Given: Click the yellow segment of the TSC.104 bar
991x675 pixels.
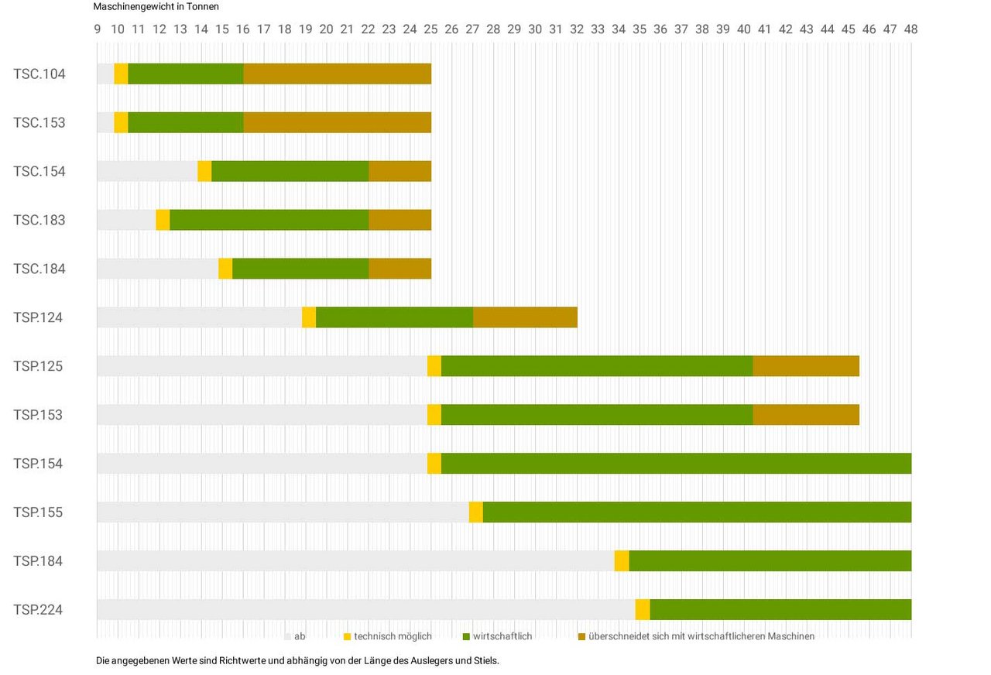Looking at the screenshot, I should click(x=121, y=74).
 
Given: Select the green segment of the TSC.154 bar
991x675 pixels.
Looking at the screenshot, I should click(x=290, y=171).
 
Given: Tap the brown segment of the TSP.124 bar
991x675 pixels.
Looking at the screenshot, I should click(x=525, y=317).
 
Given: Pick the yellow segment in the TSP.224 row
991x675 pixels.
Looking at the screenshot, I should click(x=643, y=609).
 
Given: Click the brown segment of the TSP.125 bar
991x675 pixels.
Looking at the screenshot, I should click(x=806, y=366).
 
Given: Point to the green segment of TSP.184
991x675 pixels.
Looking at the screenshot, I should click(x=770, y=561).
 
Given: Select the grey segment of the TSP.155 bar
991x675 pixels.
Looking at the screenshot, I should click(x=283, y=512).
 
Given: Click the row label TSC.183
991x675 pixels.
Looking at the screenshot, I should click(x=39, y=220).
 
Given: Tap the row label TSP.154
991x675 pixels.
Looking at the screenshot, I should click(x=38, y=464).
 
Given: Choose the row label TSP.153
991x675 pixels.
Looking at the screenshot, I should click(x=38, y=415).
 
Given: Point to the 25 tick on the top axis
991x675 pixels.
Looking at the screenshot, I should click(x=430, y=29).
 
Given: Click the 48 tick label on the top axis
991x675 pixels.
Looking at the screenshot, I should click(x=910, y=29).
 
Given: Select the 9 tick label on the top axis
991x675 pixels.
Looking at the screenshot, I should click(x=98, y=29).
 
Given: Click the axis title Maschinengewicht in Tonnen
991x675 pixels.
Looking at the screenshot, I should click(x=156, y=6).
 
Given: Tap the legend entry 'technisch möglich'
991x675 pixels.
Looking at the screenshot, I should click(x=393, y=636).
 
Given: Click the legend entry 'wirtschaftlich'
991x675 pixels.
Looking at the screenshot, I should click(x=502, y=636).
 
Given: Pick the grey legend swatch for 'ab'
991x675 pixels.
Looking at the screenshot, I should click(x=288, y=636).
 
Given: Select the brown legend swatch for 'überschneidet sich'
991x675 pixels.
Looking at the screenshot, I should click(x=582, y=636).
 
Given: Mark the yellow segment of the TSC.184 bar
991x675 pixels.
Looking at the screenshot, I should click(x=225, y=269).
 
